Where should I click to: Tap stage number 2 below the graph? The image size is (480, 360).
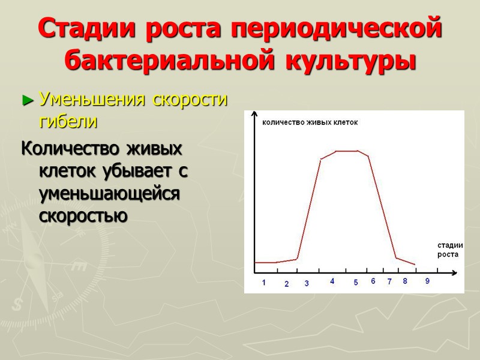coord(286,284)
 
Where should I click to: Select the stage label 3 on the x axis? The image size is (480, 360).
coord(307,283)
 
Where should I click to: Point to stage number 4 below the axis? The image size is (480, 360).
coord(332,281)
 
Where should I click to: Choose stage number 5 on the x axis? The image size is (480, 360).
coord(355,283)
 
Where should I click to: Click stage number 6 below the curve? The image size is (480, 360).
coord(373,281)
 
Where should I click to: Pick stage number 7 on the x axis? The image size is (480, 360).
coord(389,281)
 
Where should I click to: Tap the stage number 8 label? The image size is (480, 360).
coord(405,281)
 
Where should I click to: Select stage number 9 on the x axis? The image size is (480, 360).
coord(427,281)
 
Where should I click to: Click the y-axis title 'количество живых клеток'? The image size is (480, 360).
coord(310,122)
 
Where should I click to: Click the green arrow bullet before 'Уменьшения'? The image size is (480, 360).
coord(26,101)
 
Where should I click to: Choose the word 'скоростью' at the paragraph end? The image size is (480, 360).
coord(83,215)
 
